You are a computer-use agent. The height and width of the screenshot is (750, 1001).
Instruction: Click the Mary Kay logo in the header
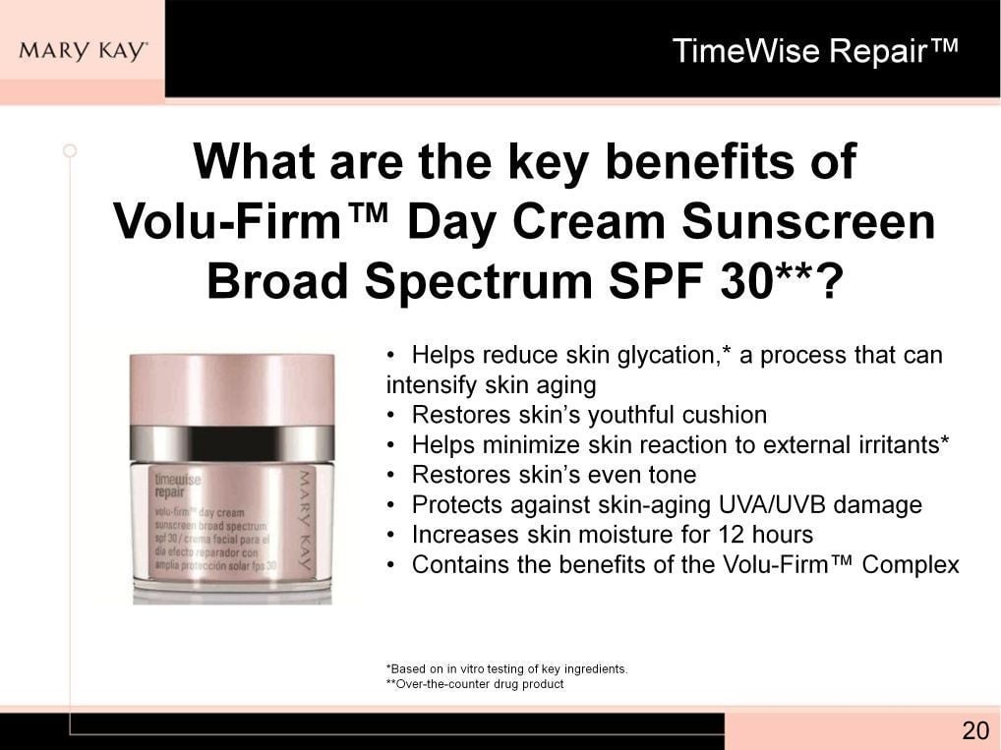[84, 51]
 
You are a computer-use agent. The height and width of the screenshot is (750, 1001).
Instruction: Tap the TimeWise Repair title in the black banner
[815, 51]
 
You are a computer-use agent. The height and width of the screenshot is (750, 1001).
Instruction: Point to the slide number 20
[975, 730]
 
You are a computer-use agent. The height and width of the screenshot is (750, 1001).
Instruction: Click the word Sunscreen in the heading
[808, 221]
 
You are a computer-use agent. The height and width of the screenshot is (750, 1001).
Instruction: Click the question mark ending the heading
[825, 281]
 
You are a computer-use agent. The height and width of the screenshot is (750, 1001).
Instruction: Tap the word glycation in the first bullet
[664, 356]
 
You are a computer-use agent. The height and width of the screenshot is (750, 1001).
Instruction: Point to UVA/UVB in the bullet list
[772, 505]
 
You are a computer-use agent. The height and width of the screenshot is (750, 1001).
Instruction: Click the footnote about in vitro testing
[506, 669]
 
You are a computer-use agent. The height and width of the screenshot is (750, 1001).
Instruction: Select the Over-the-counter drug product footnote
[475, 684]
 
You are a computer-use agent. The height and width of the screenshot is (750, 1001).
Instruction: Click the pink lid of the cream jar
[232, 389]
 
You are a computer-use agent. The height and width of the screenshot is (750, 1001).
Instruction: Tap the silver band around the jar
[232, 441]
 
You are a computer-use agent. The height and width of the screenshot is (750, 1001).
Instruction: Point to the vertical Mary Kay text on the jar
[305, 521]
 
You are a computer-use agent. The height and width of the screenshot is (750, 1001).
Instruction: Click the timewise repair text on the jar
[177, 486]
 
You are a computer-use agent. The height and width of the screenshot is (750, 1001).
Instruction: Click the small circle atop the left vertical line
[70, 151]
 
